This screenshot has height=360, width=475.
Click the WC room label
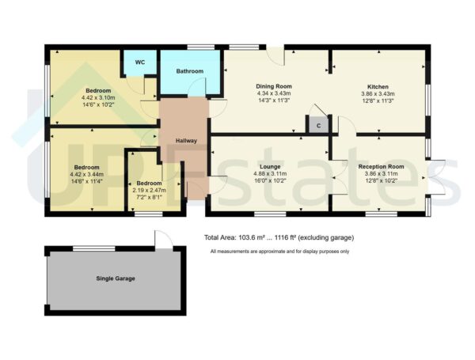pyautogui.click(x=139, y=62)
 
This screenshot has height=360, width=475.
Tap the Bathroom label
pyautogui.click(x=190, y=71)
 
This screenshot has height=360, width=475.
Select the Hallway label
pyautogui.click(x=186, y=141)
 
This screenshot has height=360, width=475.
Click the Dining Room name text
pyautogui.click(x=274, y=85)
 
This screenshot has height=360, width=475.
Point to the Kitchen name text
pyautogui.click(x=377, y=85)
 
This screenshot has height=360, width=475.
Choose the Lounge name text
pyautogui.click(x=269, y=166)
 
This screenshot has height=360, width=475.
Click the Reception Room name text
pyautogui.click(x=381, y=166)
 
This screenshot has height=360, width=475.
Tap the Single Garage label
pyautogui.click(x=116, y=279)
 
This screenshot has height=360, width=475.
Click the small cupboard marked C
pyautogui.click(x=318, y=126)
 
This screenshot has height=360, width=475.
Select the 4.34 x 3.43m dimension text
pyautogui.click(x=274, y=93)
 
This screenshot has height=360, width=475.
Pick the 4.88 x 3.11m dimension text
pyautogui.click(x=269, y=173)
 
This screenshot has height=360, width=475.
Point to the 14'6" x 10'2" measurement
pyautogui.click(x=98, y=104)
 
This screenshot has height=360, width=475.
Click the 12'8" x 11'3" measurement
pyautogui.click(x=377, y=100)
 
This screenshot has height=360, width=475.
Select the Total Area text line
pyautogui.click(x=278, y=237)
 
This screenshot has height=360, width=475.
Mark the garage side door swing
pyautogui.click(x=161, y=239)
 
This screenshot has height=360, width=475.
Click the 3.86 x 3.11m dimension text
pyautogui.click(x=381, y=173)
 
